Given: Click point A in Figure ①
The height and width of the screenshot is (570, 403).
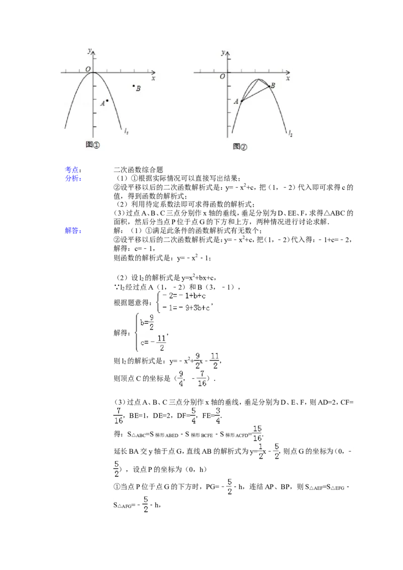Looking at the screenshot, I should (x=107, y=101).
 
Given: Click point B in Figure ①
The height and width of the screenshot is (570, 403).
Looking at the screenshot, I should (x=134, y=86).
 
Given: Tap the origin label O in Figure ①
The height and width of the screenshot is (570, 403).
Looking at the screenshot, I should (x=88, y=69).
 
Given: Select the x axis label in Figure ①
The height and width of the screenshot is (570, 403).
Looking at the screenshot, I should (x=153, y=79).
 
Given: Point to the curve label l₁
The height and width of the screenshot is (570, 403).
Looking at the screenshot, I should (x=126, y=131).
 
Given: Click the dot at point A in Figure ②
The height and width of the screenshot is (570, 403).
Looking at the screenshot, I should (x=241, y=101).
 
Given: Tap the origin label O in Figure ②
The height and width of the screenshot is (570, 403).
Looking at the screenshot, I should (x=222, y=77).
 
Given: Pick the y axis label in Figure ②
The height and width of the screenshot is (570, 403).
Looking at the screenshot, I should (x=223, y=52).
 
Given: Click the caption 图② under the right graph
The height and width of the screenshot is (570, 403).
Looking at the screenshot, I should (x=240, y=147).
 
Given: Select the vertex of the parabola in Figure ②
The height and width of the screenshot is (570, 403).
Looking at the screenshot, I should (x=259, y=79).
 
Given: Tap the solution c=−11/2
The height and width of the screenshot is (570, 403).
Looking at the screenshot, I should (x=153, y=342).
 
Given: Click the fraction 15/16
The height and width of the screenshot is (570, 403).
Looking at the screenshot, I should (x=257, y=434).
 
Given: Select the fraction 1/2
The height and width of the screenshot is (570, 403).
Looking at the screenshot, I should (x=260, y=451).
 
